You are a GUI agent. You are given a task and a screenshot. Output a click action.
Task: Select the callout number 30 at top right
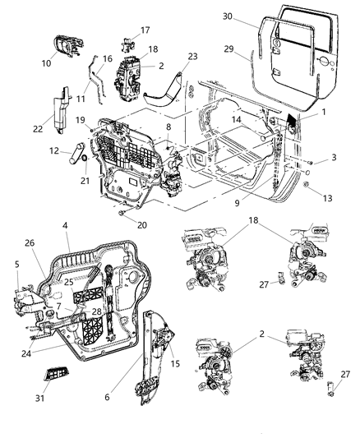(228, 16)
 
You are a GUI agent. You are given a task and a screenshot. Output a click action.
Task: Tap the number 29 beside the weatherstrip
(228, 50)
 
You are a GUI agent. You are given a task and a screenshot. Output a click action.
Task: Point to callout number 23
(193, 57)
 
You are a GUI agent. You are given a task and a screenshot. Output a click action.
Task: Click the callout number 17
(145, 30)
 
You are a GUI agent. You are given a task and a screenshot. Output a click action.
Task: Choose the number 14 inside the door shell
(235, 120)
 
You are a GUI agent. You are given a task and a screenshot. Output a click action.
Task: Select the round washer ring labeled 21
(84, 156)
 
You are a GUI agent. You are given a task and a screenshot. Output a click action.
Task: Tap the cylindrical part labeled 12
(75, 153)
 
